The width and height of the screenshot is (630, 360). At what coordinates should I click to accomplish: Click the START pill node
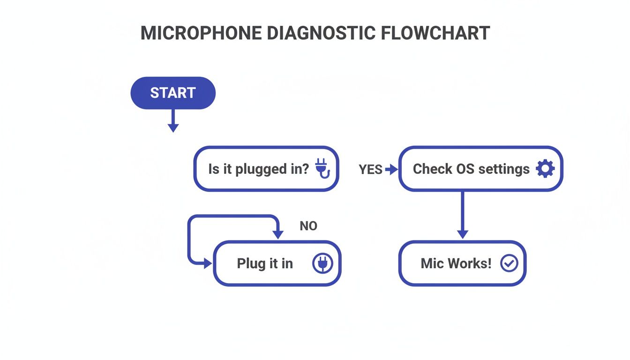tap(172, 93)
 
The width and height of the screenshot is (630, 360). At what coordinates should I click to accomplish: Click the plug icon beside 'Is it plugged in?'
tap(322, 168)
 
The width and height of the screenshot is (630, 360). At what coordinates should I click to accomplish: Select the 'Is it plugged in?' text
tap(259, 169)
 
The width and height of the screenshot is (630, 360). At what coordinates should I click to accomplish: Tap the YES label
tap(370, 170)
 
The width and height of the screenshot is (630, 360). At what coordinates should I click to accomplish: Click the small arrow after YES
tap(391, 169)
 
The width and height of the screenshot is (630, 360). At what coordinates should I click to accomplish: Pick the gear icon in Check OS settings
tap(545, 169)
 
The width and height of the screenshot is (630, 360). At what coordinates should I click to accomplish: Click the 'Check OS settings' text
tap(471, 169)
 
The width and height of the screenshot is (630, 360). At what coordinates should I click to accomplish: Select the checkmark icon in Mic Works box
tap(509, 263)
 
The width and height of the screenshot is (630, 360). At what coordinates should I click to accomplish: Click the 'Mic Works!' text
tap(456, 263)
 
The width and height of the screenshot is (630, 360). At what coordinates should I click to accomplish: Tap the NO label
tap(308, 226)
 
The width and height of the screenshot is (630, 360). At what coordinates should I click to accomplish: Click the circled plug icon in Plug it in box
tap(322, 263)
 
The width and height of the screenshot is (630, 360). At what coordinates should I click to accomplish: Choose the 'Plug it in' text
tap(265, 263)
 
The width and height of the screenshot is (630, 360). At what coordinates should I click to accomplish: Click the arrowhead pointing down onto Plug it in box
tap(278, 234)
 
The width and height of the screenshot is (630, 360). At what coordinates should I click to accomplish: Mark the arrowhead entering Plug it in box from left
tap(208, 264)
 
